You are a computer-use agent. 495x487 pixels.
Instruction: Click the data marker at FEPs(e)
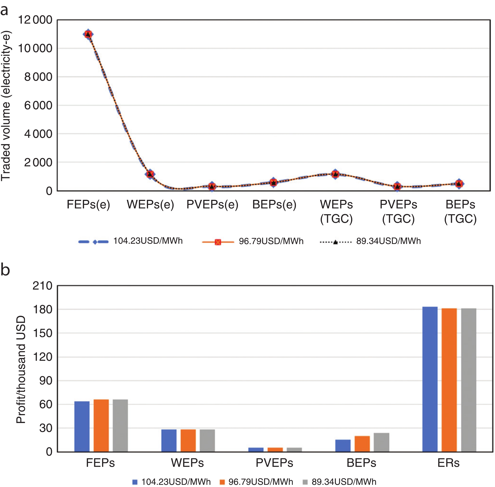(88, 34)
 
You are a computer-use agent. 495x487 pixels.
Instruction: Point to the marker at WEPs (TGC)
(335, 174)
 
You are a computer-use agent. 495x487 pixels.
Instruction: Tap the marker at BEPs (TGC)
(459, 184)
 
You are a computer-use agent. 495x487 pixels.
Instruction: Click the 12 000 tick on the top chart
(35, 20)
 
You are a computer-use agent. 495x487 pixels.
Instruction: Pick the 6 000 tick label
(38, 105)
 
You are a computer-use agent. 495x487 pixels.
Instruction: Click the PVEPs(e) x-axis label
(212, 205)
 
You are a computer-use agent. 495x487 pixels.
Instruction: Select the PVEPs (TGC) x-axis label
(398, 212)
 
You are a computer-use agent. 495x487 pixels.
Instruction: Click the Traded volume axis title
(6, 106)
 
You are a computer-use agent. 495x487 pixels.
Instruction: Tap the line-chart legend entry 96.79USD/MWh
(271, 241)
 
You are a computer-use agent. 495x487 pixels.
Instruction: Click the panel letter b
(5, 270)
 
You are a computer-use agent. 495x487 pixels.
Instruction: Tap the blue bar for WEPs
(169, 440)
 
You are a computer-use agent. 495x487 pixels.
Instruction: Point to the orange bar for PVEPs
(275, 449)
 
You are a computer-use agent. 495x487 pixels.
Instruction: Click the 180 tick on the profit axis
(42, 309)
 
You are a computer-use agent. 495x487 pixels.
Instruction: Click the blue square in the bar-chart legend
(135, 482)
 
